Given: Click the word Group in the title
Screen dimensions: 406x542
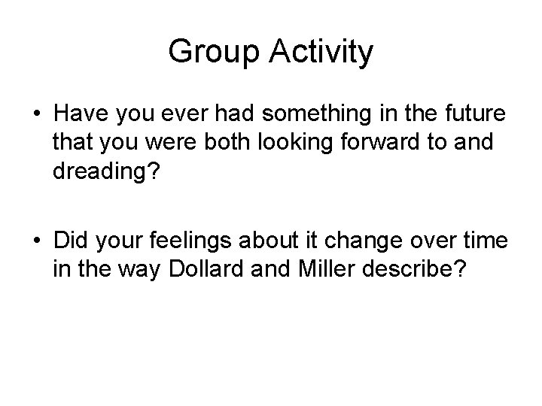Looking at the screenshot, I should pos(210,53).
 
